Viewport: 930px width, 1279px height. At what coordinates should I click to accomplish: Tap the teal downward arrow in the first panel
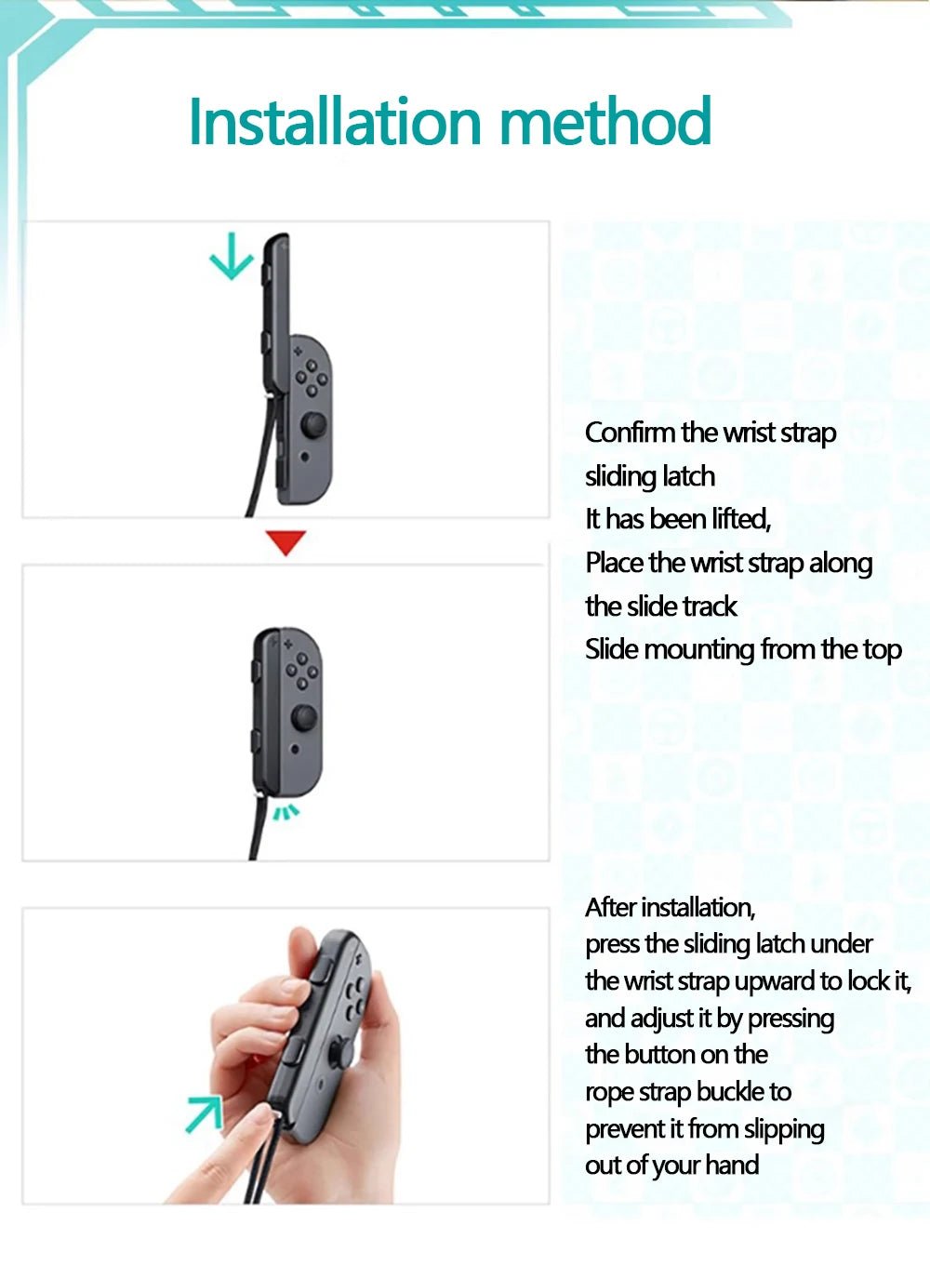coord(231,257)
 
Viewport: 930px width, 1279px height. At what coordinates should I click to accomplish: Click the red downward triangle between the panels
coord(286,542)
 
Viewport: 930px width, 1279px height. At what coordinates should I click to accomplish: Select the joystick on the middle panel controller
coord(304,717)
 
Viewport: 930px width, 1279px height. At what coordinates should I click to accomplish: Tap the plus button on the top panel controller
coord(298,352)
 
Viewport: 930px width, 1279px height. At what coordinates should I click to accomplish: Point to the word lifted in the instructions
coord(741,519)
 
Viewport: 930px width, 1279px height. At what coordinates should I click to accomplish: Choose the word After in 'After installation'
coord(610,907)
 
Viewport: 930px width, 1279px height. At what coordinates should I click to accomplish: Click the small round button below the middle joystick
coord(295,749)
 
